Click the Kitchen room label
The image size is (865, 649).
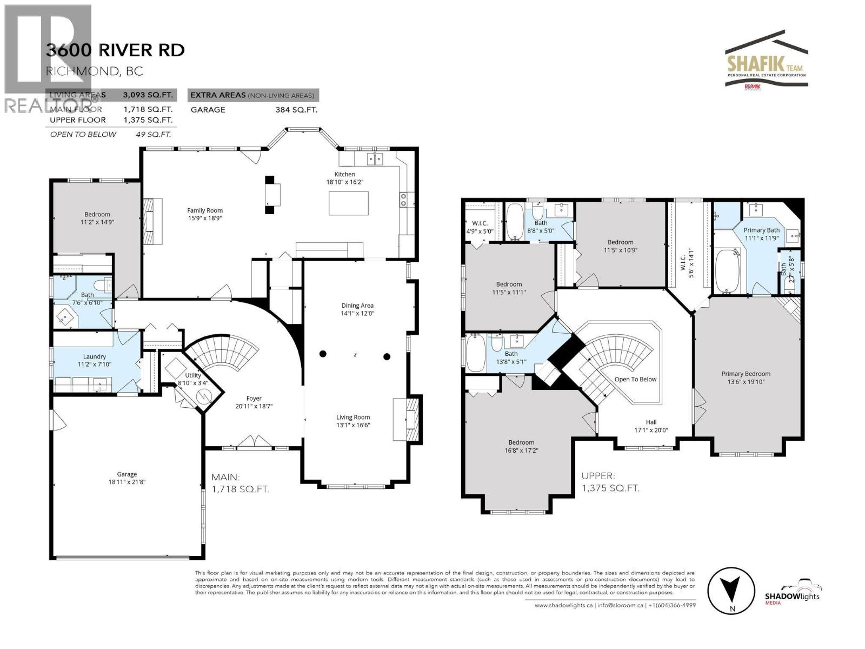coord(344,174)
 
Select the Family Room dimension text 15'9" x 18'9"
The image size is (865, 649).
coord(205,218)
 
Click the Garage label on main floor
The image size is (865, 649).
coord(127,474)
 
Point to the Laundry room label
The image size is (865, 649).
coord(95,356)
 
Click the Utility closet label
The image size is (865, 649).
coord(193,375)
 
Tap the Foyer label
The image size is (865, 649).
coord(254,399)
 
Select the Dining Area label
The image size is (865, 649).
coord(357,306)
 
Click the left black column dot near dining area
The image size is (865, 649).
coord(323,354)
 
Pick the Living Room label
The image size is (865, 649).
coord(353,417)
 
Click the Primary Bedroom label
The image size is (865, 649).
coord(746,374)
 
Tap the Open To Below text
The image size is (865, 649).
coord(635,379)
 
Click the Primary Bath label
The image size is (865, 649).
coord(761,230)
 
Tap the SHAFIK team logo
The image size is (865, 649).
coord(766,65)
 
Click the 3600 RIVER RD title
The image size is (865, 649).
coord(115,50)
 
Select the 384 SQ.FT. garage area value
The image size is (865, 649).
coord(296,109)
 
